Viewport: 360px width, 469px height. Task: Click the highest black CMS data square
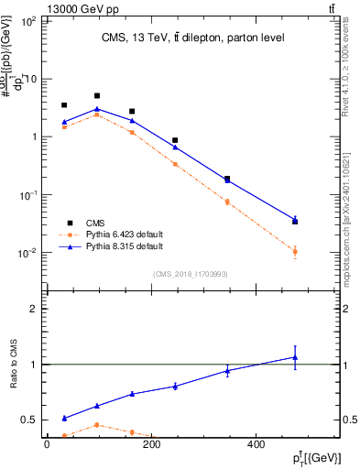point(97,95)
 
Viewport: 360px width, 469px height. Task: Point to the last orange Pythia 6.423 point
point(294,251)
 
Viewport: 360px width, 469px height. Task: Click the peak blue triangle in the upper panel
point(97,109)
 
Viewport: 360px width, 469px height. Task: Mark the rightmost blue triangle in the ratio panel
point(294,357)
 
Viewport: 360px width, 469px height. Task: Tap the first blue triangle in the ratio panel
point(63,418)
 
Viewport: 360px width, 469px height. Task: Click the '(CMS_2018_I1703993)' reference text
point(191,274)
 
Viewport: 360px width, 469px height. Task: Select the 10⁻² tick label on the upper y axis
point(27,253)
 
